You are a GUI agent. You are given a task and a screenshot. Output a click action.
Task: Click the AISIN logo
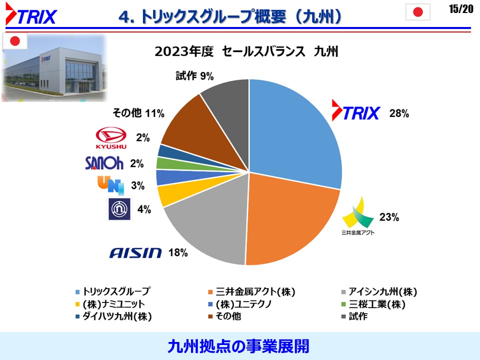(135, 253)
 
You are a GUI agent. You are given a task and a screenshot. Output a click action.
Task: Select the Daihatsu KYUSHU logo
(111, 138)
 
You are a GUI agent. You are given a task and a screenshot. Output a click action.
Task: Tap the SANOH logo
(104, 163)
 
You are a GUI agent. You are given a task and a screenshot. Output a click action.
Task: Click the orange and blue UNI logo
(111, 185)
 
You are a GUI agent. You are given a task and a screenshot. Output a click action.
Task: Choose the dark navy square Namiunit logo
(119, 209)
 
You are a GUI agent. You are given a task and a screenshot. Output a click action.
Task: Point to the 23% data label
(389, 217)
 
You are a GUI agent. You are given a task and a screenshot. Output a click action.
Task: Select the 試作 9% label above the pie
(194, 75)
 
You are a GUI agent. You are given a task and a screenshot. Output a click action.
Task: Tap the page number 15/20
(461, 9)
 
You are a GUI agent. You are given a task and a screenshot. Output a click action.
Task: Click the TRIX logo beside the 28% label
(356, 110)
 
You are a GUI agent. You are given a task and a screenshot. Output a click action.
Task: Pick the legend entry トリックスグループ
(113, 291)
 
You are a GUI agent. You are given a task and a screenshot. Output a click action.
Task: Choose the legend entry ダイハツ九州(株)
(113, 316)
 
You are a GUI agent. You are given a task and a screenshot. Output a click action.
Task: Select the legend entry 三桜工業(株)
(373, 304)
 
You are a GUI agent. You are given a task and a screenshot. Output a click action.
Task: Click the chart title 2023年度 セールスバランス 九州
(246, 51)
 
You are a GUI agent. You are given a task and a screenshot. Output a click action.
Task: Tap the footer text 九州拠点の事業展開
(238, 346)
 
